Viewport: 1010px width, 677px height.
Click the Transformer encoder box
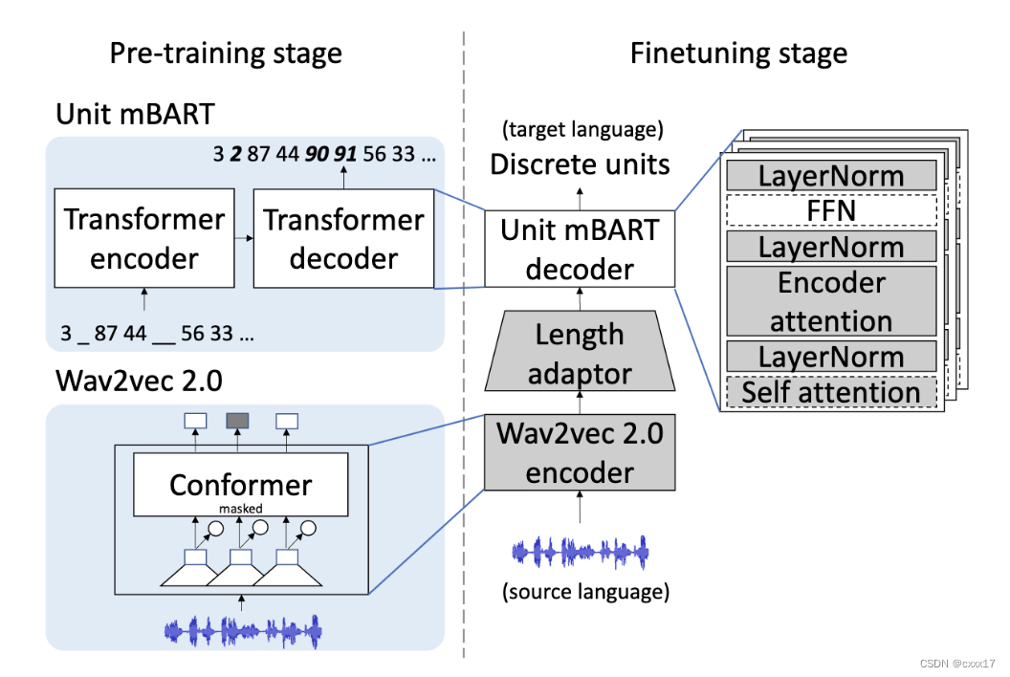(x=143, y=239)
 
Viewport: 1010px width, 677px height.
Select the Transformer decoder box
(x=343, y=239)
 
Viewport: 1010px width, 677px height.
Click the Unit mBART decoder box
(x=580, y=250)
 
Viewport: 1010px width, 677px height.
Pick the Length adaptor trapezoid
(x=580, y=353)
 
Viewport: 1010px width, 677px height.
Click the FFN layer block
(x=830, y=210)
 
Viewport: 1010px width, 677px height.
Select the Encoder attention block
(x=830, y=301)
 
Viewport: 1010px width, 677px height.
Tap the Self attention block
(x=830, y=392)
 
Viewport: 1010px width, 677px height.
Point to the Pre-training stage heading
(x=225, y=53)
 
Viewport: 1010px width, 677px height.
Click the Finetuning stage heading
(x=738, y=53)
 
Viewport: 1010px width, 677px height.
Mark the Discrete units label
(x=580, y=164)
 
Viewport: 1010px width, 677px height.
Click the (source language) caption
(x=584, y=592)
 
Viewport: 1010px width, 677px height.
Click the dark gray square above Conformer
(x=237, y=421)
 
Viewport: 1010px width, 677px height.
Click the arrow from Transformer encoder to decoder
(x=244, y=239)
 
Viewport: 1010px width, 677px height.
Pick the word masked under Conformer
(x=240, y=509)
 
